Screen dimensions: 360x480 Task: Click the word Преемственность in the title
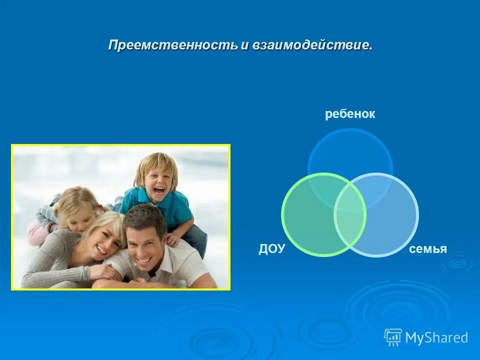point(173,45)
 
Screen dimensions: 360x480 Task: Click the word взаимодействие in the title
point(312,45)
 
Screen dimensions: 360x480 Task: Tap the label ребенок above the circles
point(350,114)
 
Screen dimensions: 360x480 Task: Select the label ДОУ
point(271,249)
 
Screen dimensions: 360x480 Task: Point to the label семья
point(427,249)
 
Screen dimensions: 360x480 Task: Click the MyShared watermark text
point(436,338)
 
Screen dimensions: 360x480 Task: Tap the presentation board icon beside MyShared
point(393,337)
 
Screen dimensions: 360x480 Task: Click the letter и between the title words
point(244,45)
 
